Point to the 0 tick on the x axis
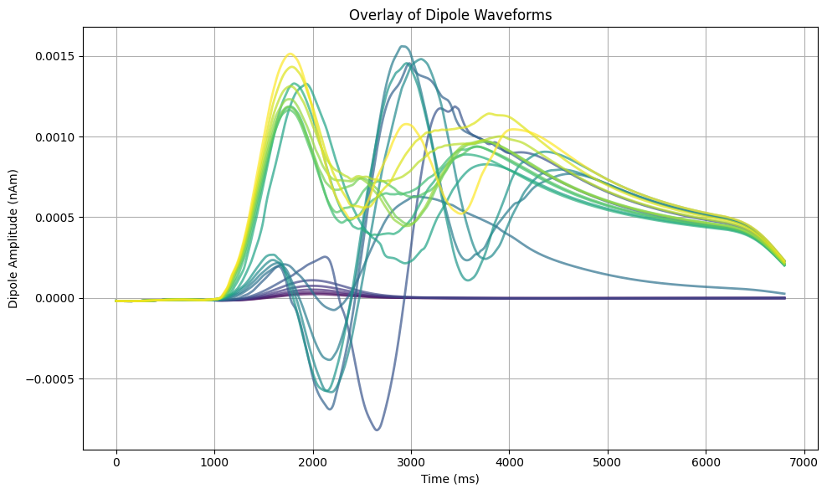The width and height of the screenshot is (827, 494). (116, 462)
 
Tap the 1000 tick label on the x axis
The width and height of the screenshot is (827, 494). (214, 462)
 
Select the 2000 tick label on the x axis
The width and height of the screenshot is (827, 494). (313, 462)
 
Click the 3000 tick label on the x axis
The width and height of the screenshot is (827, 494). (411, 462)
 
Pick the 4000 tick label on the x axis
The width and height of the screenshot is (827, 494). (509, 462)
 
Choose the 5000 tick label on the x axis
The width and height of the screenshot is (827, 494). (608, 462)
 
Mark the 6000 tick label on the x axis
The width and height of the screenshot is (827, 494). (706, 462)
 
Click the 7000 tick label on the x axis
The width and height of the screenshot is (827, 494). (804, 462)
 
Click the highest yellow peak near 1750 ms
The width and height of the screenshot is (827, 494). (290, 54)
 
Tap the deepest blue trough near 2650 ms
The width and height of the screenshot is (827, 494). (377, 430)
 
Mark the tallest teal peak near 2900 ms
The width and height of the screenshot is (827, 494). (403, 46)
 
